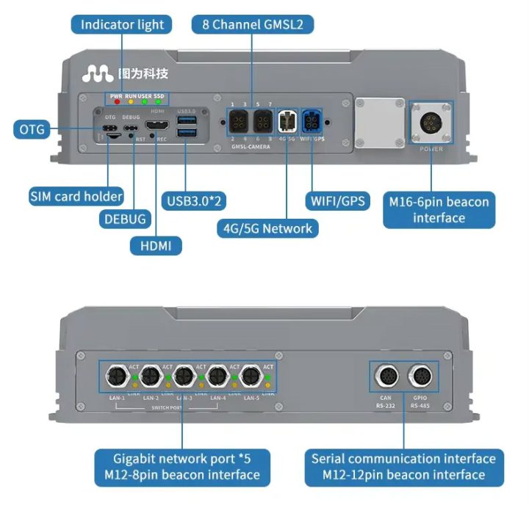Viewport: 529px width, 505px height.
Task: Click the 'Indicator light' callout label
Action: (122, 24)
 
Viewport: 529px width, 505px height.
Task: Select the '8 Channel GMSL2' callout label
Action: (253, 24)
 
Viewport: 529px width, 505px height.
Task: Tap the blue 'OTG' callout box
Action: (31, 130)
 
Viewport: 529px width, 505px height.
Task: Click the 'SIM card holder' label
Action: (76, 197)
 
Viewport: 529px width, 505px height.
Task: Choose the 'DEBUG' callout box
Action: (123, 219)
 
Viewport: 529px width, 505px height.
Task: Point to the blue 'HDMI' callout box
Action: (155, 246)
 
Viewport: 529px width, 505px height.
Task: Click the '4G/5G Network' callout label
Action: (267, 228)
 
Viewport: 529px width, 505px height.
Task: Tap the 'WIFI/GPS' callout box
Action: (337, 200)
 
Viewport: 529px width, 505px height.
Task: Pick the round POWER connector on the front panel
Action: (431, 122)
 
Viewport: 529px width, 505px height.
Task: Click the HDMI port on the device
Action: (156, 126)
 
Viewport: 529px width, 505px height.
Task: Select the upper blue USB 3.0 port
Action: (186, 119)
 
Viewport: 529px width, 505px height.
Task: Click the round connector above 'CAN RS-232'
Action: (386, 378)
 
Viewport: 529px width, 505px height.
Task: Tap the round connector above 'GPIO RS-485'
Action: (420, 378)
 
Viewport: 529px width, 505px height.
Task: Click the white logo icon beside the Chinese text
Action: (98, 73)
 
